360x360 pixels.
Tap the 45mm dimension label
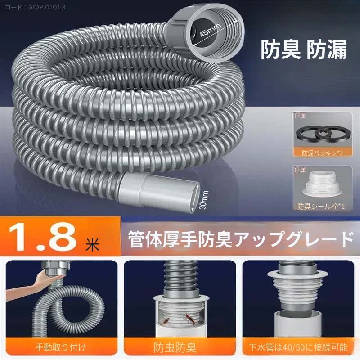210,30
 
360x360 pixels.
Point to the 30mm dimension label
204,200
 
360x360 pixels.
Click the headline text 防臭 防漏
303,50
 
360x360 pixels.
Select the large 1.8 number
43,237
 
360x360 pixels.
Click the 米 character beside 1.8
93,244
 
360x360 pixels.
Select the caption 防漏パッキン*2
322,153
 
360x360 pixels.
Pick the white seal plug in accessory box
321,186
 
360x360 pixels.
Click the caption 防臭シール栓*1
321,206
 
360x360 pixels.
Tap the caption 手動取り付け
61,347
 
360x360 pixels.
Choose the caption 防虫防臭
175,347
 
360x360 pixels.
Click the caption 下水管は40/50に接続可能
298,347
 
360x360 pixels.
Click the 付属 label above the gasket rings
300,116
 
